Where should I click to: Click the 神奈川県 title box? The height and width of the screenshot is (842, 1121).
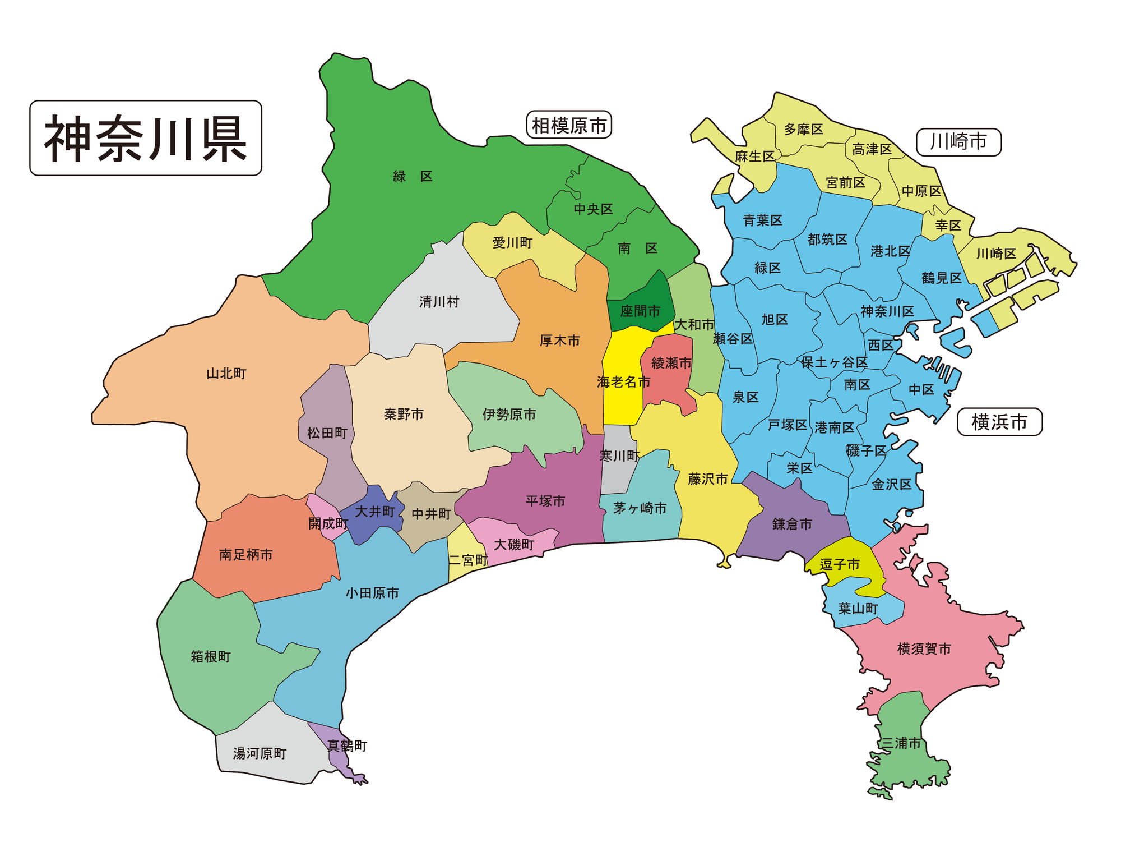[146, 138]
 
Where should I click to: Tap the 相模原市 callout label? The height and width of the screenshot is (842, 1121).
[569, 125]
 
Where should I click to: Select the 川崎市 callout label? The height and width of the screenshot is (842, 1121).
[958, 142]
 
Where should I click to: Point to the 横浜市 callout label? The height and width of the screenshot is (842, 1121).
[999, 422]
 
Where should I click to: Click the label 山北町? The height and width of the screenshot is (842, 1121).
[226, 374]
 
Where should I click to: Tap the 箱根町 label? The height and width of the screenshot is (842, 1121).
[211, 657]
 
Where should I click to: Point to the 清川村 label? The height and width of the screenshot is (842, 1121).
[439, 302]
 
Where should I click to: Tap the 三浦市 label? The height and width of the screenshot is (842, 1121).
[901, 744]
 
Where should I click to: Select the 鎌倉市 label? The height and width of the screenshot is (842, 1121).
[792, 524]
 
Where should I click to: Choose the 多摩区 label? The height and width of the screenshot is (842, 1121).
[803, 130]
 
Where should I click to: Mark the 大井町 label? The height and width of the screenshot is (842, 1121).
[375, 512]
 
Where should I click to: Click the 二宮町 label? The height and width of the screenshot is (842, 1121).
[468, 560]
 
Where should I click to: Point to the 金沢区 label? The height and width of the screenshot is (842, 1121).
[892, 485]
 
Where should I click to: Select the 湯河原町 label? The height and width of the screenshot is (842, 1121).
[260, 754]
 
